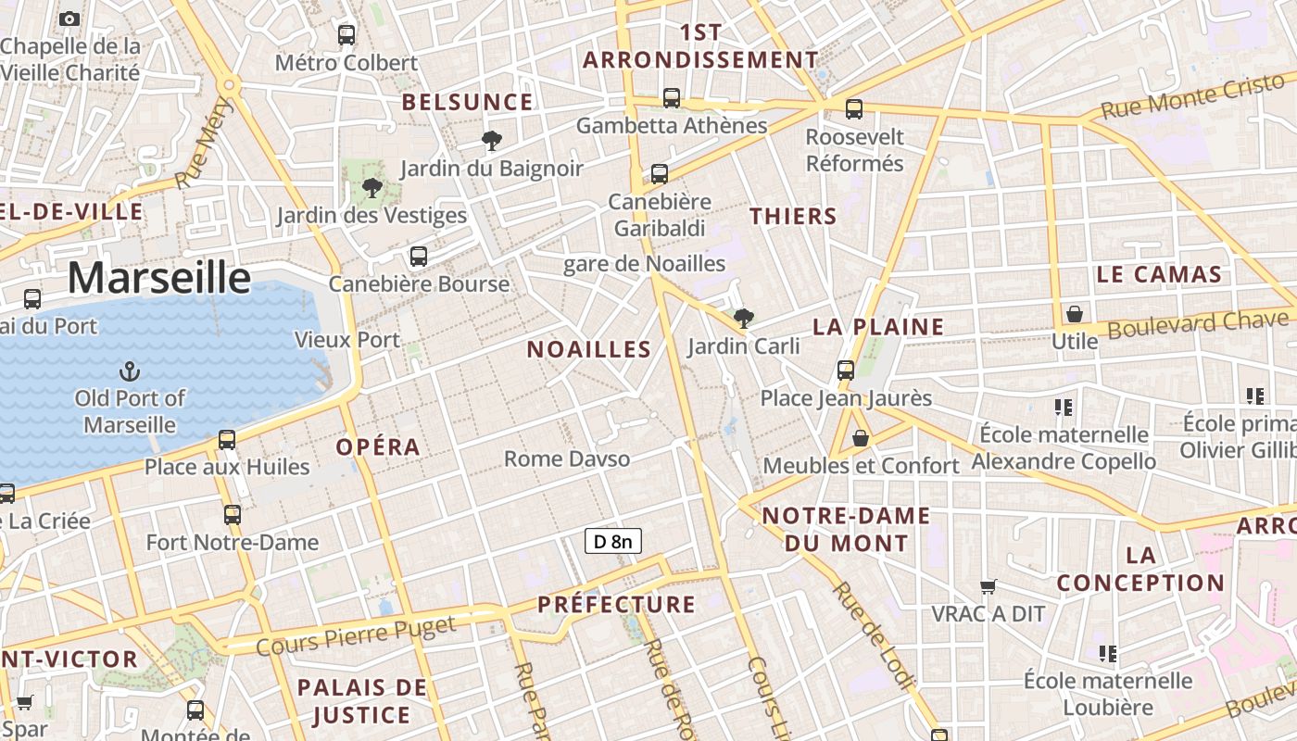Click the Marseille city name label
(x=158, y=278)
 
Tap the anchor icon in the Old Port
(x=130, y=372)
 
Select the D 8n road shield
(x=613, y=541)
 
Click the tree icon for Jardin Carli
(x=743, y=320)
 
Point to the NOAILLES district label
(x=589, y=349)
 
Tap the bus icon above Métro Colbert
(x=346, y=35)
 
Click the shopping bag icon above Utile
(x=1075, y=314)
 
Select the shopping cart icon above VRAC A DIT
(x=988, y=586)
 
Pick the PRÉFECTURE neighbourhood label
(x=616, y=605)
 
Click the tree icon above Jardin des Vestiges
(x=372, y=188)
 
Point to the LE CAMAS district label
(x=1159, y=274)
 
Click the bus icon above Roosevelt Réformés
(x=854, y=108)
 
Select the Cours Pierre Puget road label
(x=356, y=635)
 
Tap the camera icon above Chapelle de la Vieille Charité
(x=69, y=19)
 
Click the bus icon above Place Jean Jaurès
(x=846, y=370)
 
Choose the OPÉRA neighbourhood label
(x=378, y=446)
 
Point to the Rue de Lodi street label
(x=874, y=635)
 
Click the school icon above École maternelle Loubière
(x=1107, y=654)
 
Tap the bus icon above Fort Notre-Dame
(x=233, y=515)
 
